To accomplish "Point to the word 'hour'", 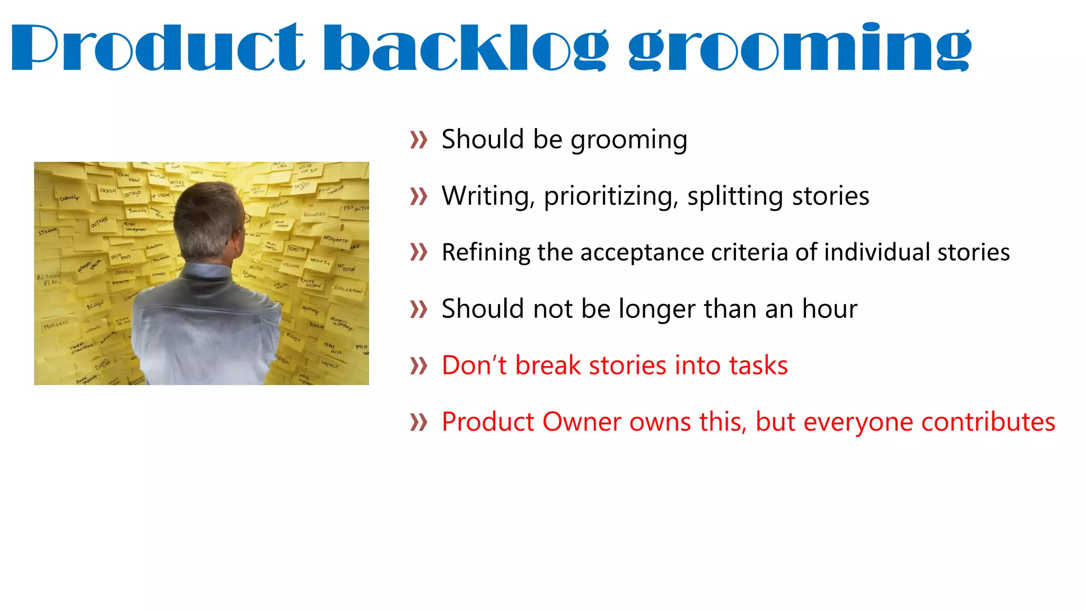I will click(829, 309).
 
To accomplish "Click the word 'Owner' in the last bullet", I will click(582, 422).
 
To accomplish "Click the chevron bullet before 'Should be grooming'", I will click(418, 141).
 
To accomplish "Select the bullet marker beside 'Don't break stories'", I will click(418, 366).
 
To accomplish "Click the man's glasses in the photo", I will click(247, 218).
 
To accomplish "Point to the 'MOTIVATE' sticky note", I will click(56, 324).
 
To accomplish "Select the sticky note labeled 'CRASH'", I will click(108, 191).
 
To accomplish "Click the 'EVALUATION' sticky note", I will click(348, 290).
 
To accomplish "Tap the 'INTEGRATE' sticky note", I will click(336, 240).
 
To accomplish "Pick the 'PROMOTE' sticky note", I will click(296, 249).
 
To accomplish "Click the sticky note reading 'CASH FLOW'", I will click(129, 177).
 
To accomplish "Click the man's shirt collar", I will click(207, 270).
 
